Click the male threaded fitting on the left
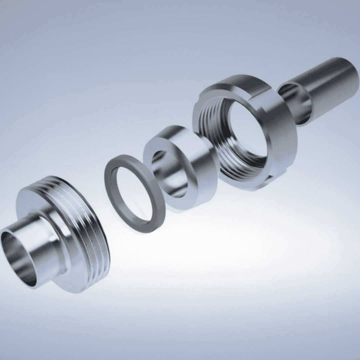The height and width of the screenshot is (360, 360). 67,240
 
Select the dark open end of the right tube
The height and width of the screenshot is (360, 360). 295,103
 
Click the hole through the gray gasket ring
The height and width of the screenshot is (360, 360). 133,193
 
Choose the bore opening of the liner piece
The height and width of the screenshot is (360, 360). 168,173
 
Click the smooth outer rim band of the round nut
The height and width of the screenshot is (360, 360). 287,140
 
